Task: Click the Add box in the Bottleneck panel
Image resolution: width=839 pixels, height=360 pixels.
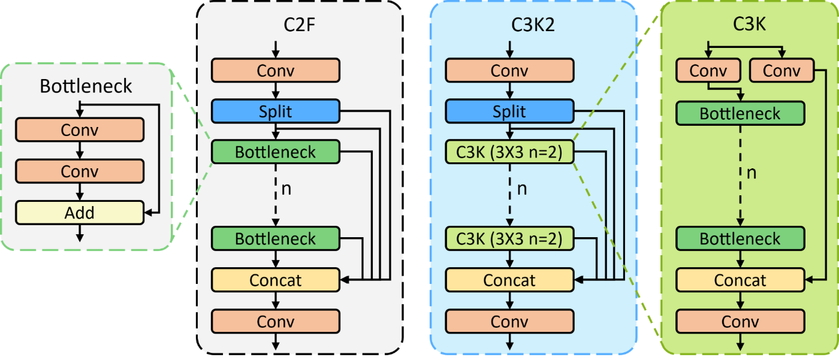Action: tap(80, 213)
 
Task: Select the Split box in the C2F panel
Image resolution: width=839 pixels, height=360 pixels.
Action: tap(276, 111)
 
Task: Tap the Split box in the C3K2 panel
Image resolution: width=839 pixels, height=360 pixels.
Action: tap(509, 111)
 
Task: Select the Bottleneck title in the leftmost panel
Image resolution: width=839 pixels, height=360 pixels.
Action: tap(86, 86)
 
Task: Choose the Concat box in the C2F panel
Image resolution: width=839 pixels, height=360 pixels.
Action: tap(276, 280)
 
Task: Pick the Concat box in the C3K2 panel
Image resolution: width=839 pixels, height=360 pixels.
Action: tap(509, 280)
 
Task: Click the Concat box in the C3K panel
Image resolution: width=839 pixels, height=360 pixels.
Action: tap(740, 280)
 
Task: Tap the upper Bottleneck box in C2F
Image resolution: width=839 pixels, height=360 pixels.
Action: tap(276, 152)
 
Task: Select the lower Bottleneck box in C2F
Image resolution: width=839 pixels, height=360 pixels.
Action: tap(276, 239)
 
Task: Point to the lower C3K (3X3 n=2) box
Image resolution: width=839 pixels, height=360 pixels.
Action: tap(509, 239)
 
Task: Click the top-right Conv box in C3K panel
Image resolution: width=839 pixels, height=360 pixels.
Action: tap(781, 71)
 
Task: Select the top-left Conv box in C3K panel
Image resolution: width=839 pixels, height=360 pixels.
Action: tap(708, 71)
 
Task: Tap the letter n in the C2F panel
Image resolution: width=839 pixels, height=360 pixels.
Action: tap(287, 189)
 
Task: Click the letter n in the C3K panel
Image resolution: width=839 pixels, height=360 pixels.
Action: tap(752, 174)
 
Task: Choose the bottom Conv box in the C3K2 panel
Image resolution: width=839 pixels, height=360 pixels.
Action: tap(509, 321)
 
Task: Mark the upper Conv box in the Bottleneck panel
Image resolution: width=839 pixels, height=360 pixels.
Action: tap(80, 129)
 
